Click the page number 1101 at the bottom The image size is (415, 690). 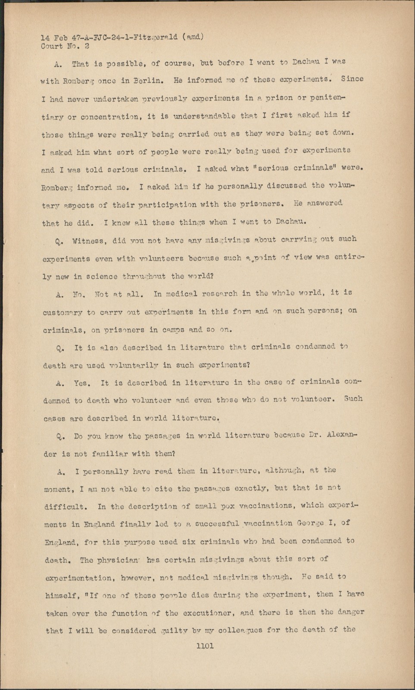coord(205,646)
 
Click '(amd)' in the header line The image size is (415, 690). coord(192,37)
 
